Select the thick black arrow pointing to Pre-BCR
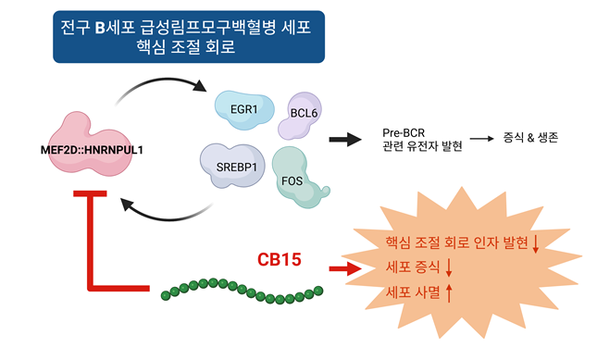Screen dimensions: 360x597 pos(344,139)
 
